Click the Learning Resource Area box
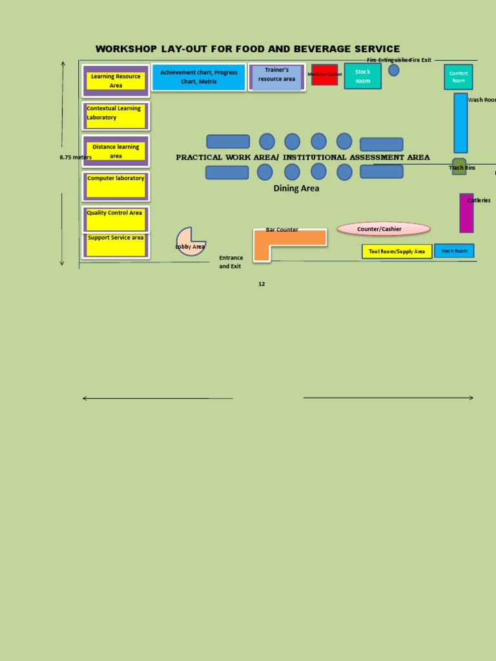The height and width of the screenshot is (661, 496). pyautogui.click(x=116, y=81)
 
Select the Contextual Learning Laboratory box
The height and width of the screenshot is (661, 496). pyautogui.click(x=116, y=116)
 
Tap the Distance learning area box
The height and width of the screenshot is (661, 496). pyautogui.click(x=116, y=151)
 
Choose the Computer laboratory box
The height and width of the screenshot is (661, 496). pyautogui.click(x=116, y=186)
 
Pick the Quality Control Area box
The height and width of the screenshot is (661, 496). pyautogui.click(x=116, y=219)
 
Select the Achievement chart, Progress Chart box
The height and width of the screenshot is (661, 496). pyautogui.click(x=198, y=77)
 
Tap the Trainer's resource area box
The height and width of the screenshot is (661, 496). pyautogui.click(x=276, y=77)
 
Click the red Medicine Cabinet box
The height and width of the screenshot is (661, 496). pyautogui.click(x=324, y=74)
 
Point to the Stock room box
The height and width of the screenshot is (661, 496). pyautogui.click(x=362, y=76)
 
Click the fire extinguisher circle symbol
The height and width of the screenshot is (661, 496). pyautogui.click(x=393, y=70)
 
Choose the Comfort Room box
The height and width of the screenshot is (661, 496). pyautogui.click(x=458, y=77)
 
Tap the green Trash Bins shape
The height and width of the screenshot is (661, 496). pyautogui.click(x=459, y=166)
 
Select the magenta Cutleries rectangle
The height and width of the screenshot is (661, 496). pyautogui.click(x=466, y=213)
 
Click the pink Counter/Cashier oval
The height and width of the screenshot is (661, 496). pyautogui.click(x=383, y=229)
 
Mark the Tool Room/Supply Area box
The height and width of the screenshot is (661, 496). pyautogui.click(x=397, y=251)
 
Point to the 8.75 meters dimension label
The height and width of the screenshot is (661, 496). pyautogui.click(x=76, y=157)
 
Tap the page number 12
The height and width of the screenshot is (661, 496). pyautogui.click(x=262, y=284)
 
